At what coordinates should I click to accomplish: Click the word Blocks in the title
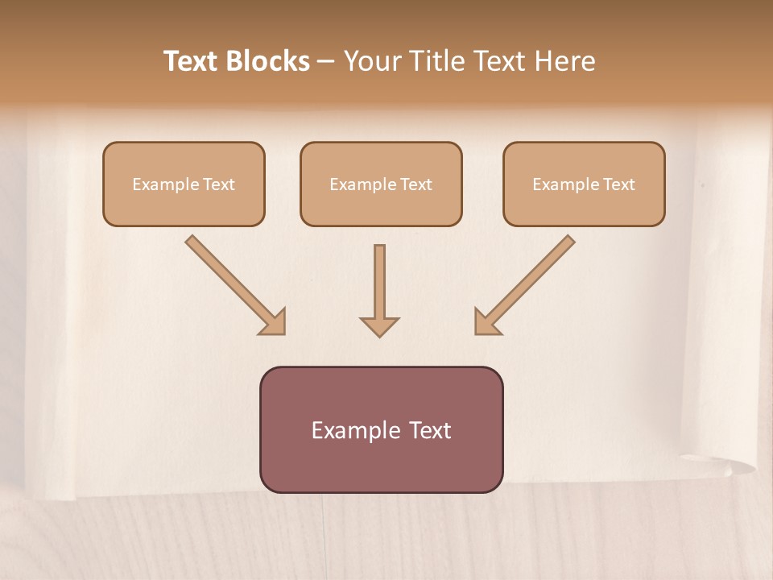pyautogui.click(x=268, y=61)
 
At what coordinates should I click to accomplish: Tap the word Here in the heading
pyautogui.click(x=565, y=61)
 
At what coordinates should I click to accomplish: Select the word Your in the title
pyautogui.click(x=370, y=61)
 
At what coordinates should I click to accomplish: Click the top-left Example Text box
pyautogui.click(x=184, y=184)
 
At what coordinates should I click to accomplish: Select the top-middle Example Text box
pyautogui.click(x=381, y=184)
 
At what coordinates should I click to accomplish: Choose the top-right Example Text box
pyautogui.click(x=584, y=184)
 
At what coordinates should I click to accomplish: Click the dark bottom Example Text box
pyautogui.click(x=381, y=429)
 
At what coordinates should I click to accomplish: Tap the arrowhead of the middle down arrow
pyautogui.click(x=379, y=326)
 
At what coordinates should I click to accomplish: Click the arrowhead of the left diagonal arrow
pyautogui.click(x=274, y=322)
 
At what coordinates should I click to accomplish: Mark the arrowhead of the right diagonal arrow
pyautogui.click(x=486, y=322)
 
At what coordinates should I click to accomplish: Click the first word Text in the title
pyautogui.click(x=192, y=61)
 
